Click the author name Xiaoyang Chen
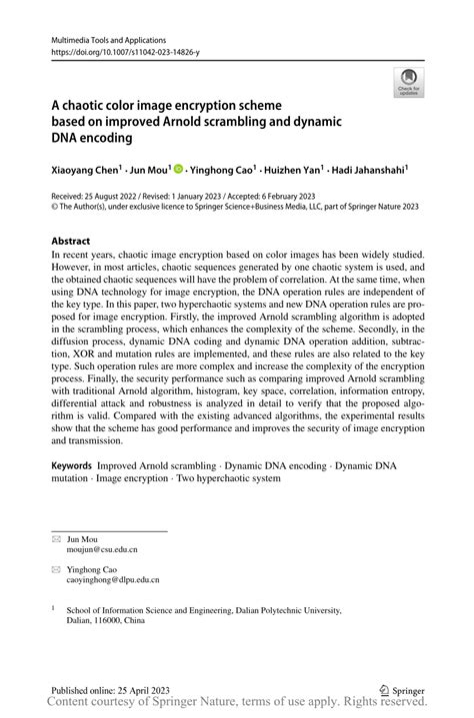(x=84, y=171)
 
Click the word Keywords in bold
(x=71, y=466)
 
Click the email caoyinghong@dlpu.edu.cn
(x=113, y=580)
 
